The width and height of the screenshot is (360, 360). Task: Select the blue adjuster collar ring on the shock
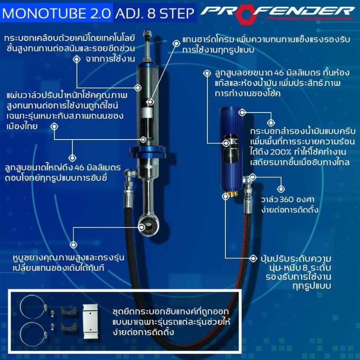pyautogui.click(x=148, y=152)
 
